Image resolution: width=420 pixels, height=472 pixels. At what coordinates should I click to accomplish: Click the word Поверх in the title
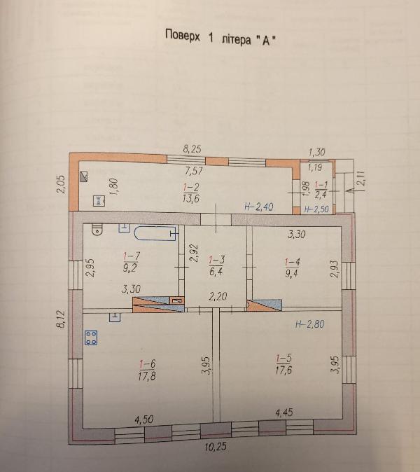[x=182, y=36]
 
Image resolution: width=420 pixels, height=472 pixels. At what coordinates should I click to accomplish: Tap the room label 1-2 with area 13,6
[x=191, y=193]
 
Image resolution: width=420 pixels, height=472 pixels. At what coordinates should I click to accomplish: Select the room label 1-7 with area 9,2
[x=131, y=262]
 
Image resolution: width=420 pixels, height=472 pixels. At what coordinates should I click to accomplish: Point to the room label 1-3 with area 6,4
[x=216, y=265]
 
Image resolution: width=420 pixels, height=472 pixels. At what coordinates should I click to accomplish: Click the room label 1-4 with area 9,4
[x=292, y=268]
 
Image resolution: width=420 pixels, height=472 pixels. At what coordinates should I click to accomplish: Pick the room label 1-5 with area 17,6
[x=283, y=364]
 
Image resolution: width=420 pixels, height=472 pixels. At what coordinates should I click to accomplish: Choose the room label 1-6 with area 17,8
[x=147, y=370]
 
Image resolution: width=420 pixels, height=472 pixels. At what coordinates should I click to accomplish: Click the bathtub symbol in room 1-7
[x=155, y=234]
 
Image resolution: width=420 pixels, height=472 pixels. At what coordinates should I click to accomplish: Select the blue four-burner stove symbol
[x=91, y=338]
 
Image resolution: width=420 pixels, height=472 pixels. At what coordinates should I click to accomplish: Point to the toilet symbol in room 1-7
[x=97, y=230]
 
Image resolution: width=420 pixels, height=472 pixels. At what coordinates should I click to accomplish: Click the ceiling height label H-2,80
[x=310, y=324]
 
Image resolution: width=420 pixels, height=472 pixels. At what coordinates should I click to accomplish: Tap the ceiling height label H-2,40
[x=258, y=207]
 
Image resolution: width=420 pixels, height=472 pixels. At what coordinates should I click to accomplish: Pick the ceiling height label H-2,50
[x=316, y=209]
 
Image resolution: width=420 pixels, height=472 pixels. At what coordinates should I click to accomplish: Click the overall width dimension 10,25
[x=216, y=446]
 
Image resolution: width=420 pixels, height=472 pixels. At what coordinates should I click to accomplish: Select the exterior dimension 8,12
[x=62, y=319]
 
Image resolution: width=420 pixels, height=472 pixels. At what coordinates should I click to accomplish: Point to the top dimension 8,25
[x=192, y=149]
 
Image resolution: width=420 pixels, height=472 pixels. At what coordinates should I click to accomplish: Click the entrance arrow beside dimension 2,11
[x=353, y=190]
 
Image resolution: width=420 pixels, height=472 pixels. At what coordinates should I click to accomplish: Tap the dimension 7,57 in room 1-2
[x=194, y=171]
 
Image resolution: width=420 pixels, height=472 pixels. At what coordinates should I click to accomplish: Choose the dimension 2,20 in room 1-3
[x=218, y=297]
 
